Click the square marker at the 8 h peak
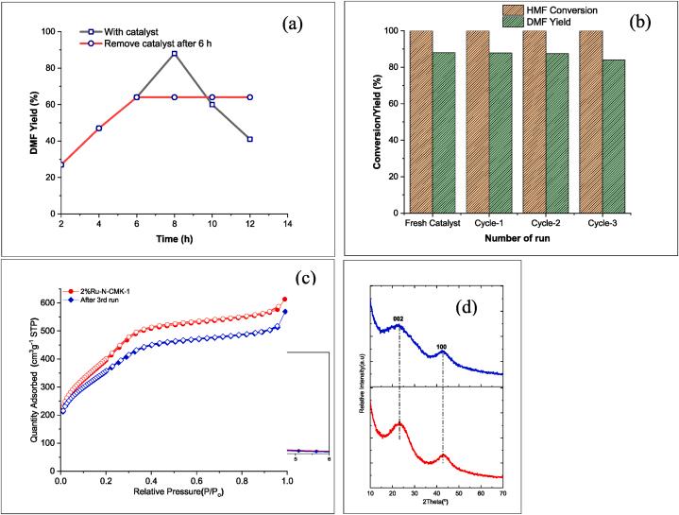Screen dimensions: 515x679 click(175, 54)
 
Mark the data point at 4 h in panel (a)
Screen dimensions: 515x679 click(99, 128)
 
